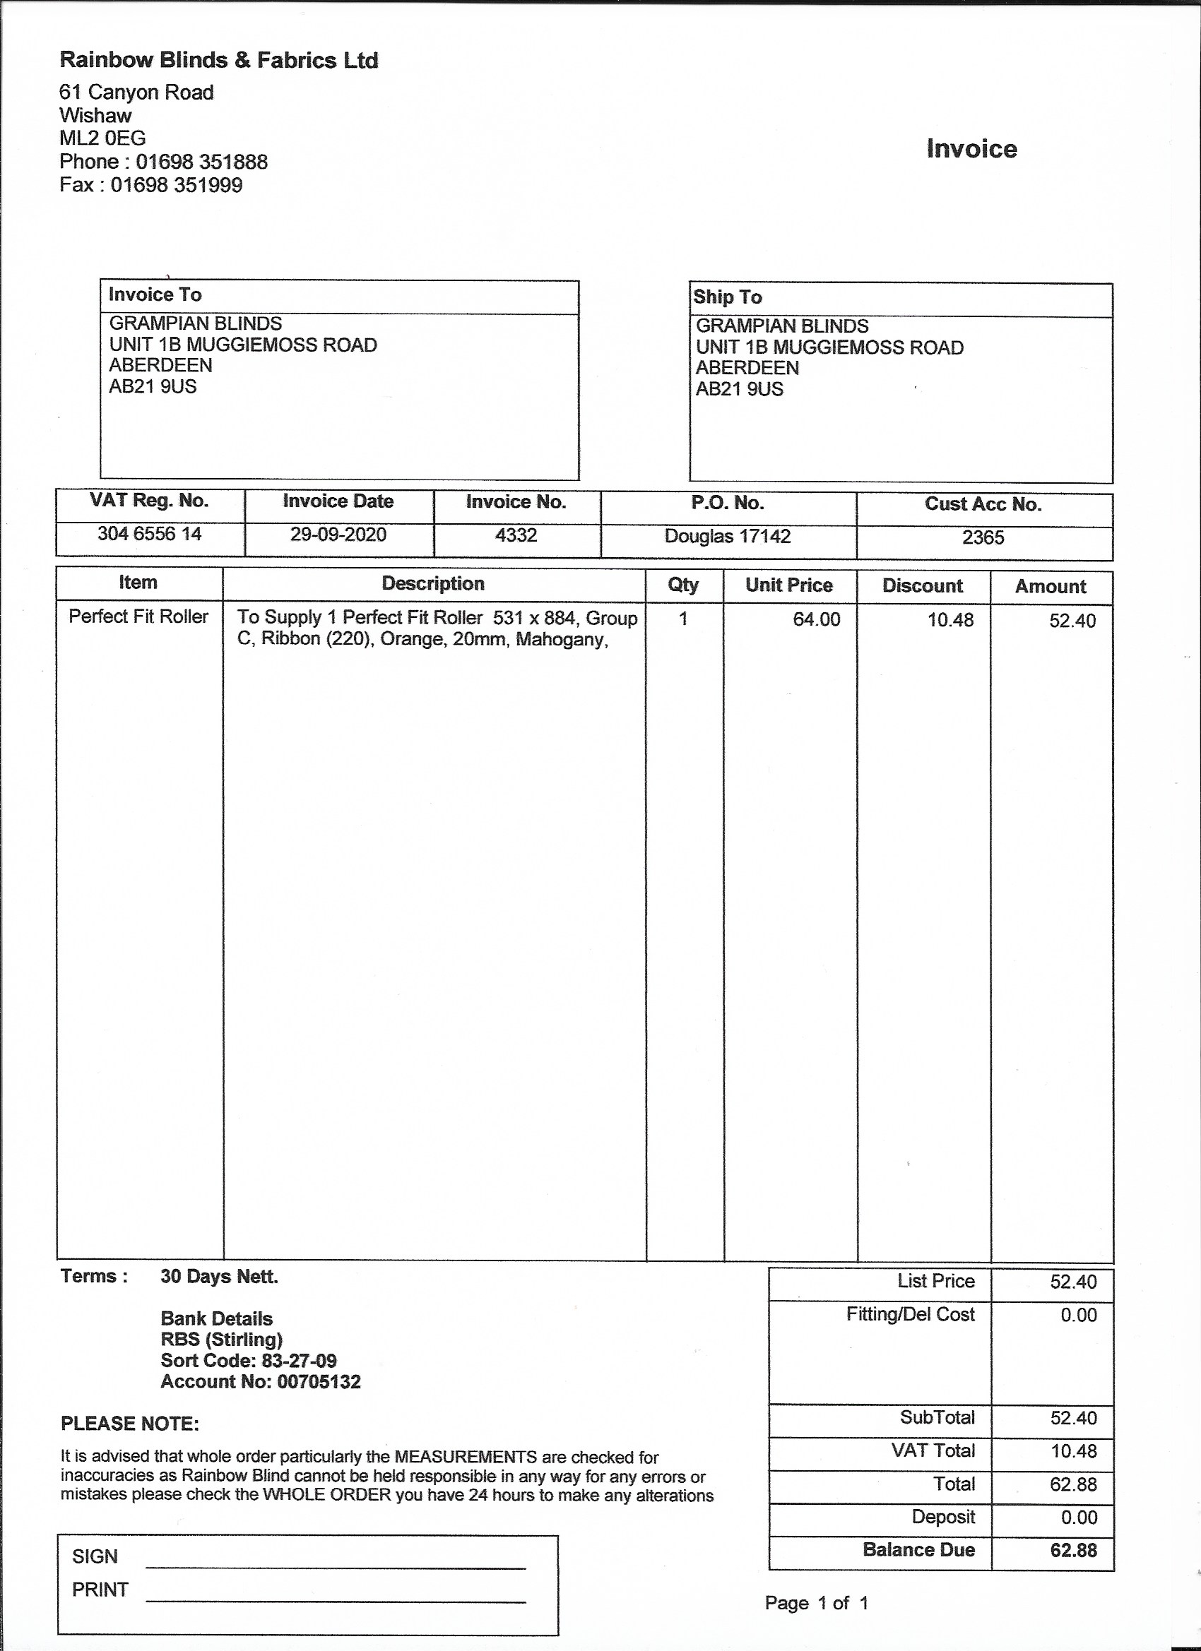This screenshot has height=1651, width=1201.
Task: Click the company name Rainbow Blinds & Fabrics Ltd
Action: (218, 60)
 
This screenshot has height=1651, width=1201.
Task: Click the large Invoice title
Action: (971, 148)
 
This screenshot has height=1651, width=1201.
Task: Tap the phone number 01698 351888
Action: (202, 162)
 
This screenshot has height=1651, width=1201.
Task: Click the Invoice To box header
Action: (155, 295)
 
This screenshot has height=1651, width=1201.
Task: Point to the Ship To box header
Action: (728, 297)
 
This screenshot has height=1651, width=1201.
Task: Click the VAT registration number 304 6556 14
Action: (149, 535)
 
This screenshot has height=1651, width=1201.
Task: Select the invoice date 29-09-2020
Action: (338, 535)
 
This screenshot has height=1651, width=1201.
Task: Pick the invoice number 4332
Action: (516, 536)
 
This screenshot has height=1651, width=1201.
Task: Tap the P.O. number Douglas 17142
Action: (728, 537)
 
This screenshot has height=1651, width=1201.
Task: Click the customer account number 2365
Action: (983, 538)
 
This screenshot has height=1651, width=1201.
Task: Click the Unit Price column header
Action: (788, 585)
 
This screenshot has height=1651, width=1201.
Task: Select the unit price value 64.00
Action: (817, 619)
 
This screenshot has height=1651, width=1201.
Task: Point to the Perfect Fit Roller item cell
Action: (138, 616)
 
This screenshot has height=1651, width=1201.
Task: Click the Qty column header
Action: (683, 585)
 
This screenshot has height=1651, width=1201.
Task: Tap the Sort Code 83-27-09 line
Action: (249, 1361)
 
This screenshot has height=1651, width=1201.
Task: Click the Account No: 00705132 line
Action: (261, 1382)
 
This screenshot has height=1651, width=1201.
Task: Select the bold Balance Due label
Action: (918, 1550)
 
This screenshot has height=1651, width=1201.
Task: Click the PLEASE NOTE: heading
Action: (130, 1424)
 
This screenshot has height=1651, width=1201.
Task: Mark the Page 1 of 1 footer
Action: (817, 1603)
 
